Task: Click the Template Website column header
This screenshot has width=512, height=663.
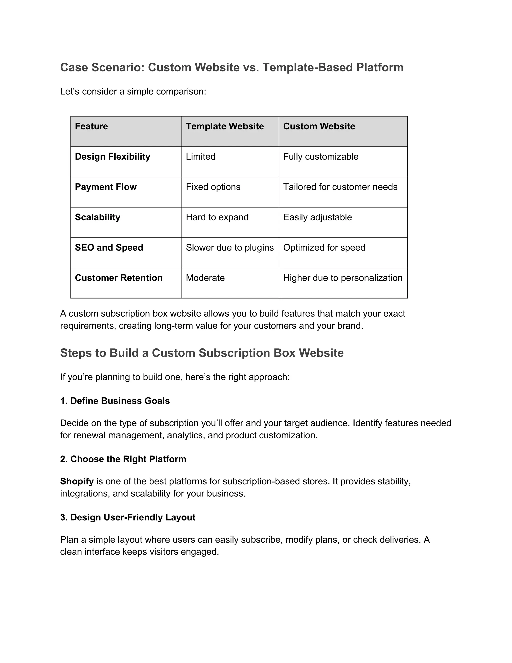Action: point(225,126)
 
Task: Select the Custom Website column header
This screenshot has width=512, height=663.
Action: point(319,126)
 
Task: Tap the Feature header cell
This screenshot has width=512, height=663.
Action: point(91,126)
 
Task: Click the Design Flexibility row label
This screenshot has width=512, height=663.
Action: point(112,157)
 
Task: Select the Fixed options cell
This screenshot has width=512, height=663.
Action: point(213,187)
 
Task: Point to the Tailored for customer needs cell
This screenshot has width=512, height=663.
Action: point(340,187)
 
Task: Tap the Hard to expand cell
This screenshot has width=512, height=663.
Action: point(217,217)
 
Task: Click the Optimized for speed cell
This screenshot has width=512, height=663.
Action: point(324,248)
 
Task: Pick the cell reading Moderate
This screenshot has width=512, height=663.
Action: point(205,278)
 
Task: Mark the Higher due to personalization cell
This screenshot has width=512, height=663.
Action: point(343,278)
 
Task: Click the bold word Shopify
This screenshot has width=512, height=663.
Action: point(77,481)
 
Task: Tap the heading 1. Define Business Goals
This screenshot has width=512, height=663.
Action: point(115,401)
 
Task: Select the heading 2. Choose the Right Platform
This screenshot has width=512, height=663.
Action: point(123,459)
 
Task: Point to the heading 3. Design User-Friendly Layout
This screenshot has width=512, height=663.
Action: point(128,518)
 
